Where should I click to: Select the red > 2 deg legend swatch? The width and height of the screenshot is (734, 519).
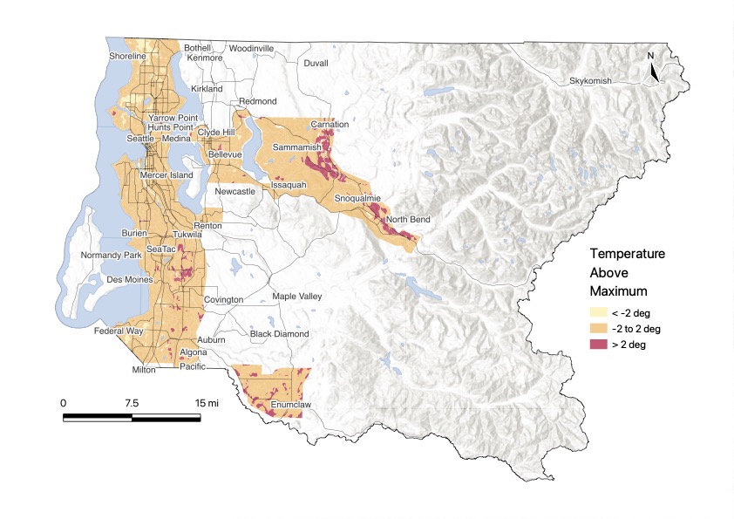(x=598, y=345)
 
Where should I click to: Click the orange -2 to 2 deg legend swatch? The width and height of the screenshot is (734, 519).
(x=598, y=329)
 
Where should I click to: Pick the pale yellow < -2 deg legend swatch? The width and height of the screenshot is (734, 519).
(x=598, y=312)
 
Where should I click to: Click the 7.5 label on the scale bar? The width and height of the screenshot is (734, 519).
(x=133, y=403)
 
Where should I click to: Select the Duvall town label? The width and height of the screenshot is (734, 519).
(x=316, y=64)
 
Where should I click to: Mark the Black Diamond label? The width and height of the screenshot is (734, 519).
(x=279, y=334)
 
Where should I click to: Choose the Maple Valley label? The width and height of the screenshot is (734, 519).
(x=297, y=297)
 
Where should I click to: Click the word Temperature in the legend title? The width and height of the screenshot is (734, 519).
(x=627, y=254)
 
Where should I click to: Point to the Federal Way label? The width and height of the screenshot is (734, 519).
(x=120, y=331)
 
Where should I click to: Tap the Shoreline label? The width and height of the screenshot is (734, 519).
(x=128, y=57)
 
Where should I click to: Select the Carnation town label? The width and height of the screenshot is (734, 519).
(x=329, y=125)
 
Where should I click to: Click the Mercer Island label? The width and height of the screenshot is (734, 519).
(x=167, y=175)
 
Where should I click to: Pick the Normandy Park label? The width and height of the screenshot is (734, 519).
(x=111, y=256)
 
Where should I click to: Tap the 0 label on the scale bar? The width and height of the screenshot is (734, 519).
(x=63, y=403)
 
